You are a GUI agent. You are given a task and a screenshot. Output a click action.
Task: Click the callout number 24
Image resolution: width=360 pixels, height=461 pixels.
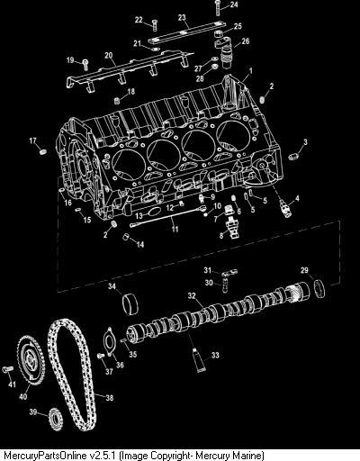234,5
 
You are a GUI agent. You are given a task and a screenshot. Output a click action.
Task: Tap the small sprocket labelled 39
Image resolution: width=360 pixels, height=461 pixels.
56,419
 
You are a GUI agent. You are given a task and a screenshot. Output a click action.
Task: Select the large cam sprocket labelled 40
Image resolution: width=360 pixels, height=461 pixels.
31,360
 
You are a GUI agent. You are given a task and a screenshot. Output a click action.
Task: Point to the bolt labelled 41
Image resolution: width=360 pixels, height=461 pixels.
8,369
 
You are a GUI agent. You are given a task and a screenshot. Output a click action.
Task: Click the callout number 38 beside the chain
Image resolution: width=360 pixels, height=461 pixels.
110,398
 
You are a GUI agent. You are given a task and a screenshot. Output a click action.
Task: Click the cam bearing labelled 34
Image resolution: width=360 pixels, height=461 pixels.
130,304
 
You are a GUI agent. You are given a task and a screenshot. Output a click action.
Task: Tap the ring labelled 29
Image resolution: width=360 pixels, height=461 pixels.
319,289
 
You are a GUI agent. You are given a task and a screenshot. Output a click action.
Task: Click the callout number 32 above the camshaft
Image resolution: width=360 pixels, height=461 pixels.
192,296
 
